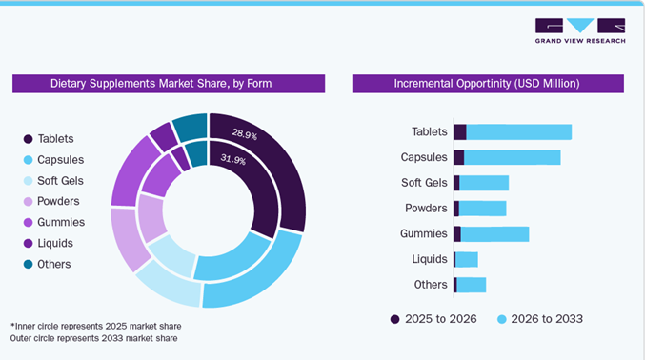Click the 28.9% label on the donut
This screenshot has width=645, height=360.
click(245, 134)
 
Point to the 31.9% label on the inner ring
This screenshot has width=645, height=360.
click(233, 159)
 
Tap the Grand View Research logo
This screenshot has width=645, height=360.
click(580, 30)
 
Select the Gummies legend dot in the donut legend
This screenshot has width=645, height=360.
click(28, 223)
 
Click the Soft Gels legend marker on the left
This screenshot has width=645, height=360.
click(28, 181)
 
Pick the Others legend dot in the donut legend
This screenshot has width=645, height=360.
click(28, 264)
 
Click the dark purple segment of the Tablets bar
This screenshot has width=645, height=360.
click(460, 132)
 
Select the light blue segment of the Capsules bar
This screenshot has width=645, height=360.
click(513, 157)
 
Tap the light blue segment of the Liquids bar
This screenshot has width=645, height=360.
click(467, 260)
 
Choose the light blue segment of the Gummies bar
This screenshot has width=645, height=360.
click(494, 234)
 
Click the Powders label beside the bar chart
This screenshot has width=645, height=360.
click(426, 209)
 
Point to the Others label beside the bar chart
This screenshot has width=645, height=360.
click(431, 285)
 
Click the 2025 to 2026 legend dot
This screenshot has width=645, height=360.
click(394, 319)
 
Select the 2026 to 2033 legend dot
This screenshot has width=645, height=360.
click(501, 319)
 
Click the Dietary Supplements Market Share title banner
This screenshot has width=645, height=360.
click(169, 84)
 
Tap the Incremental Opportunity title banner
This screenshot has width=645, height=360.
click(488, 84)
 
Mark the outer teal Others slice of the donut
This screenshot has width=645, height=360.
click(191, 126)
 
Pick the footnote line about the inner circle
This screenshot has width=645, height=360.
click(96, 327)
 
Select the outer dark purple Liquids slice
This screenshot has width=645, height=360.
click(164, 136)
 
